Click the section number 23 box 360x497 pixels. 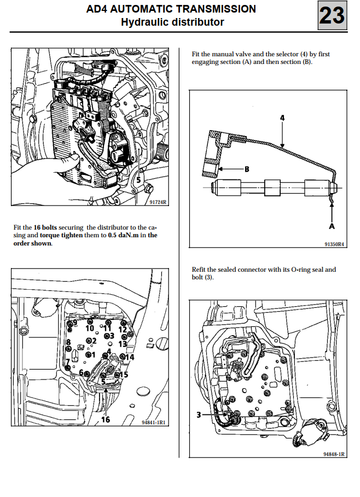332,15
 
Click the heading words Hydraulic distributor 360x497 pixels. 172,22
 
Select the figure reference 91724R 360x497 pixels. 158,202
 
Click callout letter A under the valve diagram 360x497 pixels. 332,226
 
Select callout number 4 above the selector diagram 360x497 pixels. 282,118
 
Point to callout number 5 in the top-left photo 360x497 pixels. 138,178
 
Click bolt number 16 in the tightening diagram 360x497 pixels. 105,419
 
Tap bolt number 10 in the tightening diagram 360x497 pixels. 90,328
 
